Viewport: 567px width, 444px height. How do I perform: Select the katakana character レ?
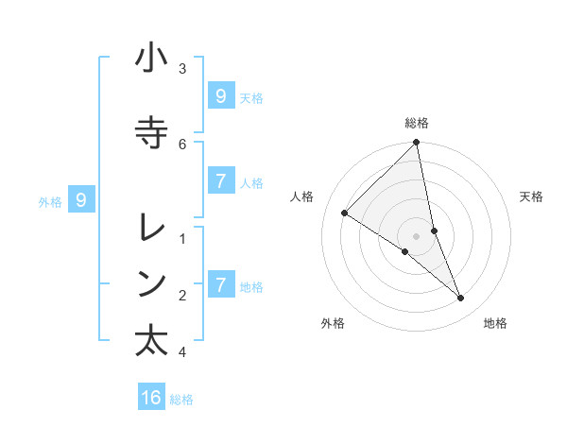151,228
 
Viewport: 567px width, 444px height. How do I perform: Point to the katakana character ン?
151,282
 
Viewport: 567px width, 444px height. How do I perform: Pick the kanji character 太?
151,340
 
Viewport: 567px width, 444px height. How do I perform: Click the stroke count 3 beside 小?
182,68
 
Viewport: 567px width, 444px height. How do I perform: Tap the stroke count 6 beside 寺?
182,144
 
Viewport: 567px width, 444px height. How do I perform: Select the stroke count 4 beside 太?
182,352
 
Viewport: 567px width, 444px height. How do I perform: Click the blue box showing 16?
151,398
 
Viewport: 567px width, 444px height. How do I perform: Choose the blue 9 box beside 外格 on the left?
81,199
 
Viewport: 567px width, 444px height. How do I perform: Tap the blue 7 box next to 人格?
220,181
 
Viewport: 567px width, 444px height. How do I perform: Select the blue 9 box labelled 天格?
220,95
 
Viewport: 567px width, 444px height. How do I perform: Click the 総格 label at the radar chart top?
417,123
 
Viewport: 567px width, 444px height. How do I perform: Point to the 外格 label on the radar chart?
333,323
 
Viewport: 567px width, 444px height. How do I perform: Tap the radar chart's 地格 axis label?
495,323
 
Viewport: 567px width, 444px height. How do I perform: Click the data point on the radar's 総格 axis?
417,143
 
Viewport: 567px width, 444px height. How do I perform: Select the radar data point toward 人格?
345,213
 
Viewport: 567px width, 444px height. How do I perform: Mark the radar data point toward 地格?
461,298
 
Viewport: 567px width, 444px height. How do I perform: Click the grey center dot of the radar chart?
417,235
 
